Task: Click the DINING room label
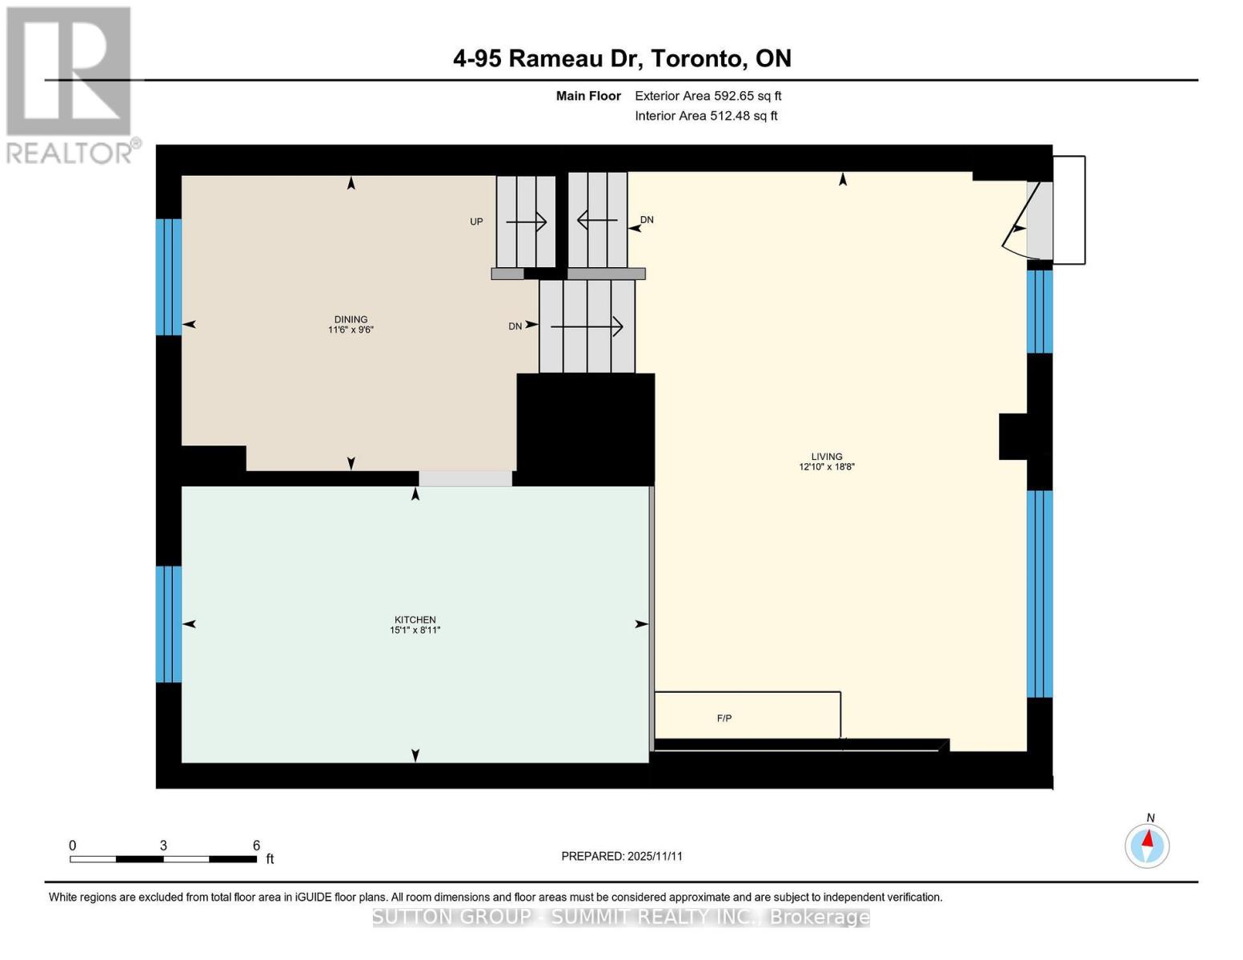tap(351, 319)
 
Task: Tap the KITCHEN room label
tap(415, 620)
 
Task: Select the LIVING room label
tap(827, 457)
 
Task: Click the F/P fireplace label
tap(724, 718)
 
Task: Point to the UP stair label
tap(476, 222)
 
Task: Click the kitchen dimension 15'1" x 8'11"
tap(415, 630)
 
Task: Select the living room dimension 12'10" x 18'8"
tap(827, 467)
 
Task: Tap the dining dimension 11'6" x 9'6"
tap(351, 330)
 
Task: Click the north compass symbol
tap(1147, 845)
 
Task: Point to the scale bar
tap(163, 859)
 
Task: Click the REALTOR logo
tap(70, 84)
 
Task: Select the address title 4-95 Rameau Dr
tap(622, 58)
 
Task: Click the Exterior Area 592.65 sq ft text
tap(708, 96)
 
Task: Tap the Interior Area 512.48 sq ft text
tap(706, 116)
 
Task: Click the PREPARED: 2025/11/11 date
tap(622, 856)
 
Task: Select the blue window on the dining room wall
tap(169, 277)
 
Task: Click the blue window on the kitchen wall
tap(169, 624)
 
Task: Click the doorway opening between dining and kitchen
tap(465, 478)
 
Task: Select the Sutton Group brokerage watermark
tap(621, 917)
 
